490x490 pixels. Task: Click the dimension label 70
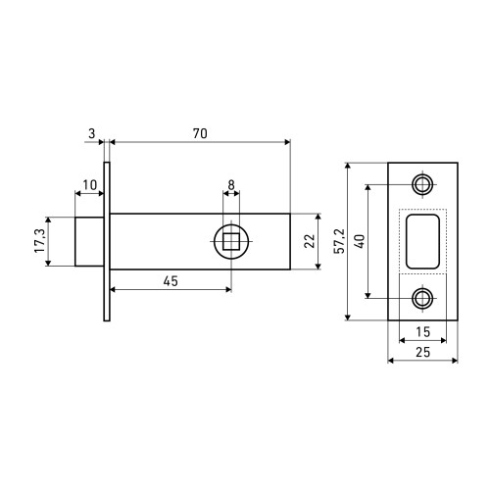coord(200,133)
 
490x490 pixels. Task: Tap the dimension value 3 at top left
coord(92,133)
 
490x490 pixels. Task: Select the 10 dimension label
coord(89,185)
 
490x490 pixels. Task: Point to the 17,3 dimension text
coord(40,241)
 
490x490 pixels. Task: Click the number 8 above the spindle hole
coord(231,185)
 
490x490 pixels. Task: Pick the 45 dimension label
coord(171,281)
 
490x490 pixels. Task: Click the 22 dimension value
coord(310,241)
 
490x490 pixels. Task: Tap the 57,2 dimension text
coord(339,241)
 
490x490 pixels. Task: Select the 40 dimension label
coord(360,241)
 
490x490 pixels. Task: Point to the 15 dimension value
coord(422,332)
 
